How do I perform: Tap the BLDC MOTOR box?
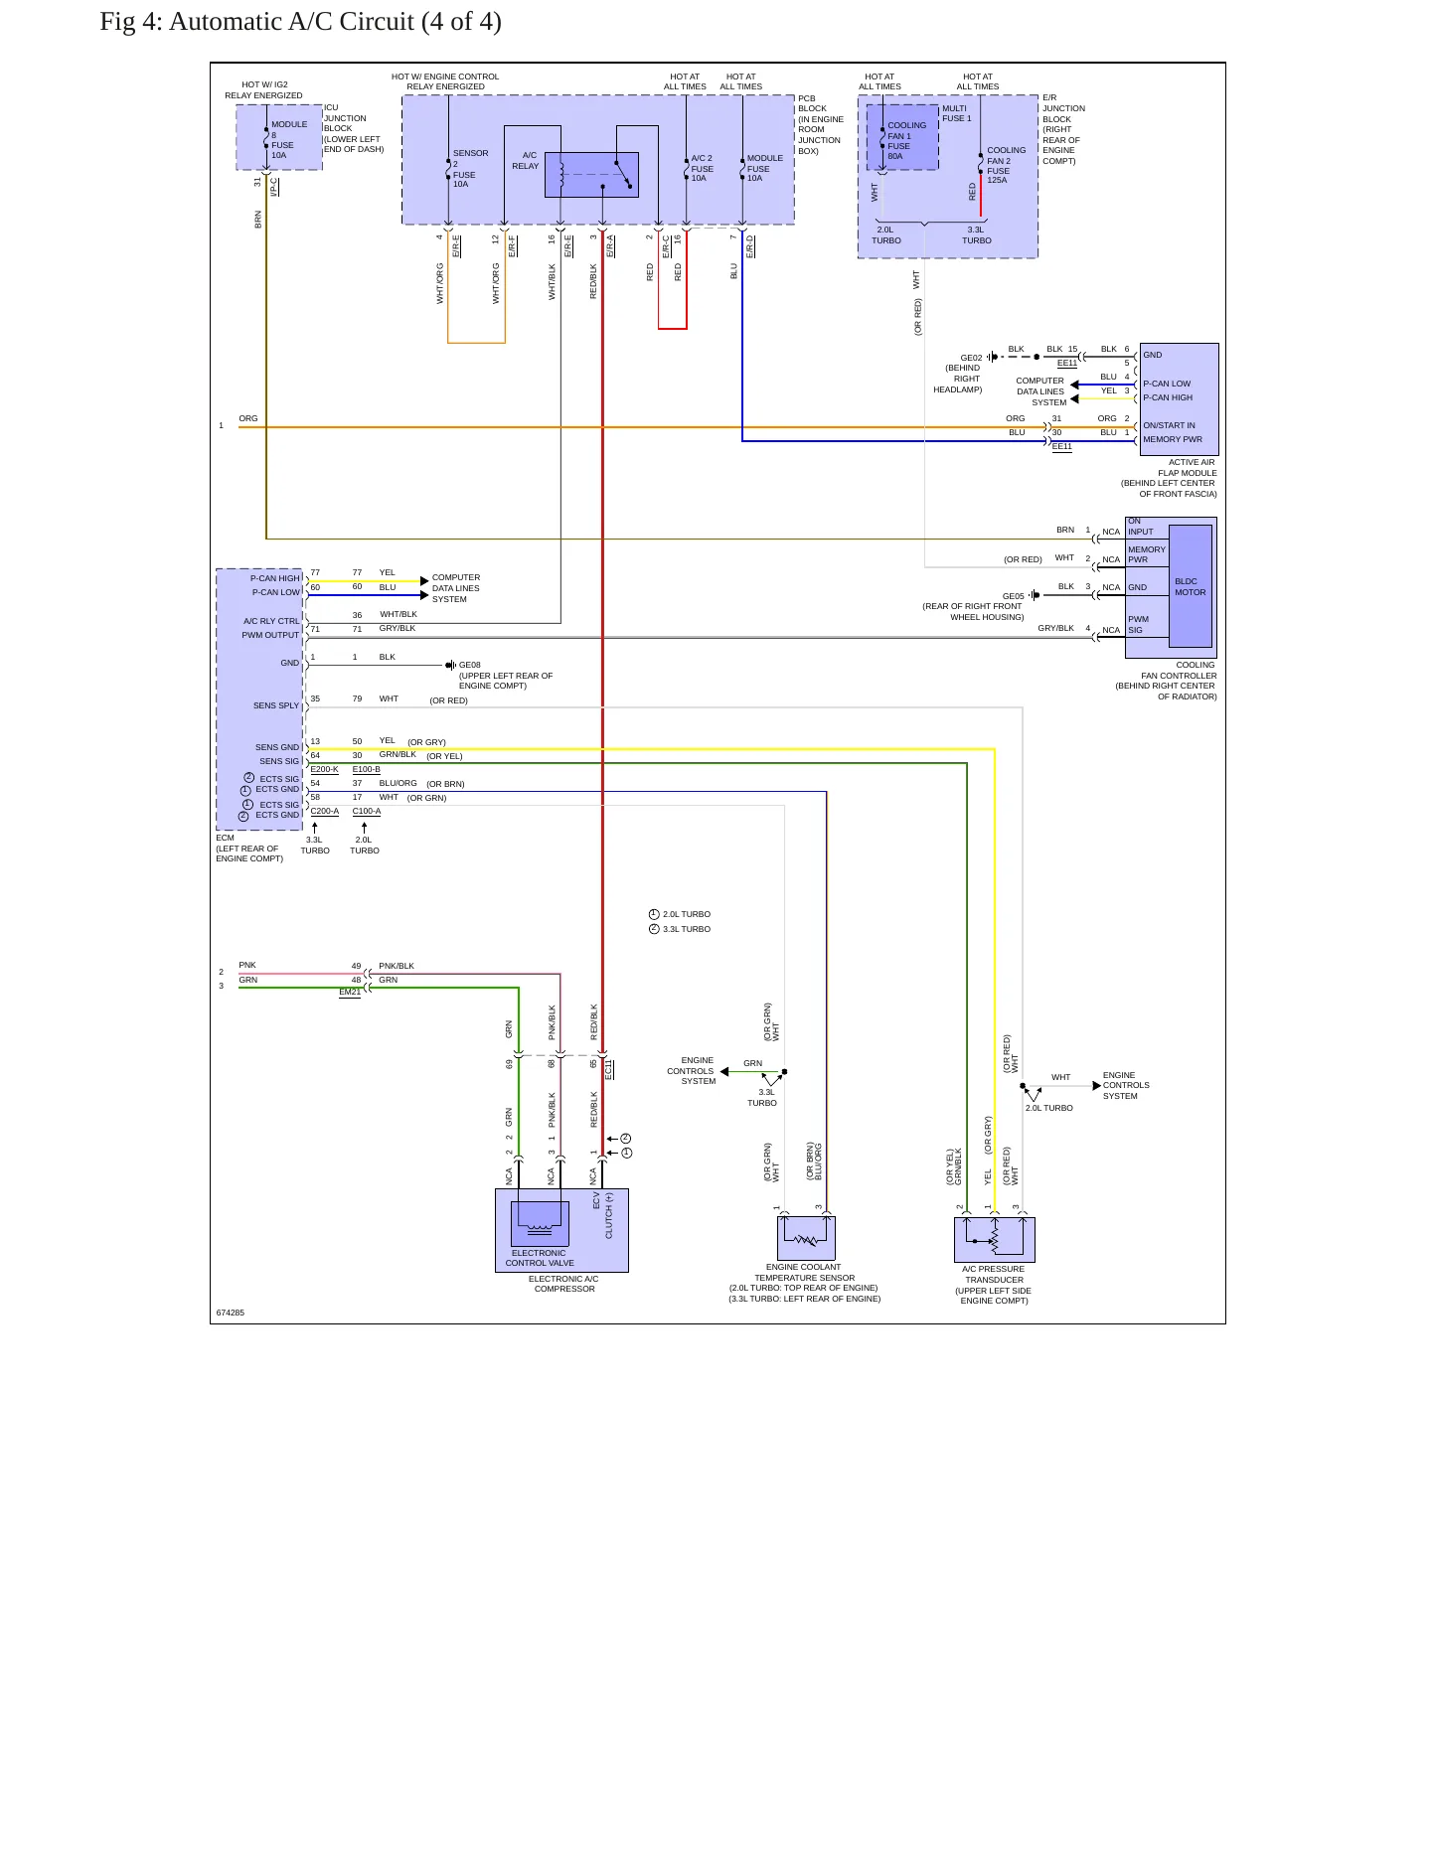1191,586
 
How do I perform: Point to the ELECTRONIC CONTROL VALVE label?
540,1258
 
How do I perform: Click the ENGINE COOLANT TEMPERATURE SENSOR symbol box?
806,1238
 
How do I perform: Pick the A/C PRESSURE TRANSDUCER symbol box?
995,1240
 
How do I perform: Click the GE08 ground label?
470,666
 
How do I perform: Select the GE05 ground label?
1013,596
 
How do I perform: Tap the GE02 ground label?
971,358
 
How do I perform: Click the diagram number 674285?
231,1313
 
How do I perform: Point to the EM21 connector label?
350,992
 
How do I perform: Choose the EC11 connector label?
609,1070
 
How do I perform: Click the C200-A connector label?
325,811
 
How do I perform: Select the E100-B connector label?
367,769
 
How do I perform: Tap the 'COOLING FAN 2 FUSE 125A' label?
1007,165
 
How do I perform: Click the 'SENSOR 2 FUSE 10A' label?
471,169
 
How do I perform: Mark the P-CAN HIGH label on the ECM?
275,578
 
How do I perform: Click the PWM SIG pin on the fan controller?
1138,624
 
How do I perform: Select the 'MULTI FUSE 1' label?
957,113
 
